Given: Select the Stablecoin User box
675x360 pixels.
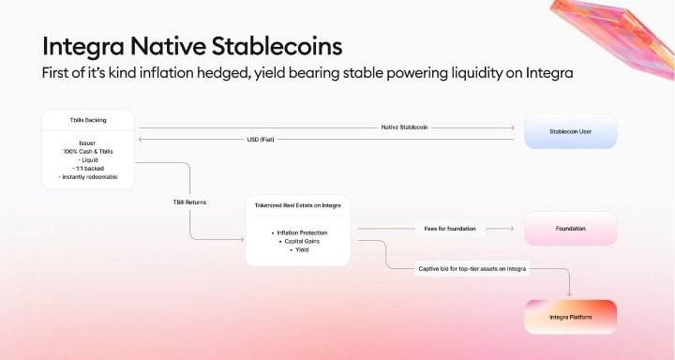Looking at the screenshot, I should tap(570, 131).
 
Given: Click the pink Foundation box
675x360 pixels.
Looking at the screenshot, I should tap(570, 228).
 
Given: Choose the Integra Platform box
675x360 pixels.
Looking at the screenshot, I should tap(570, 318).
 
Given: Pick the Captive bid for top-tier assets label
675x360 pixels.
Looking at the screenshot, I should tap(472, 269).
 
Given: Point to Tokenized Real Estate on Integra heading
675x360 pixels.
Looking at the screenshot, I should tap(299, 204).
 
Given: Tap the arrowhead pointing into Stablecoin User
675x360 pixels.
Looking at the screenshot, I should tap(514, 127).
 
